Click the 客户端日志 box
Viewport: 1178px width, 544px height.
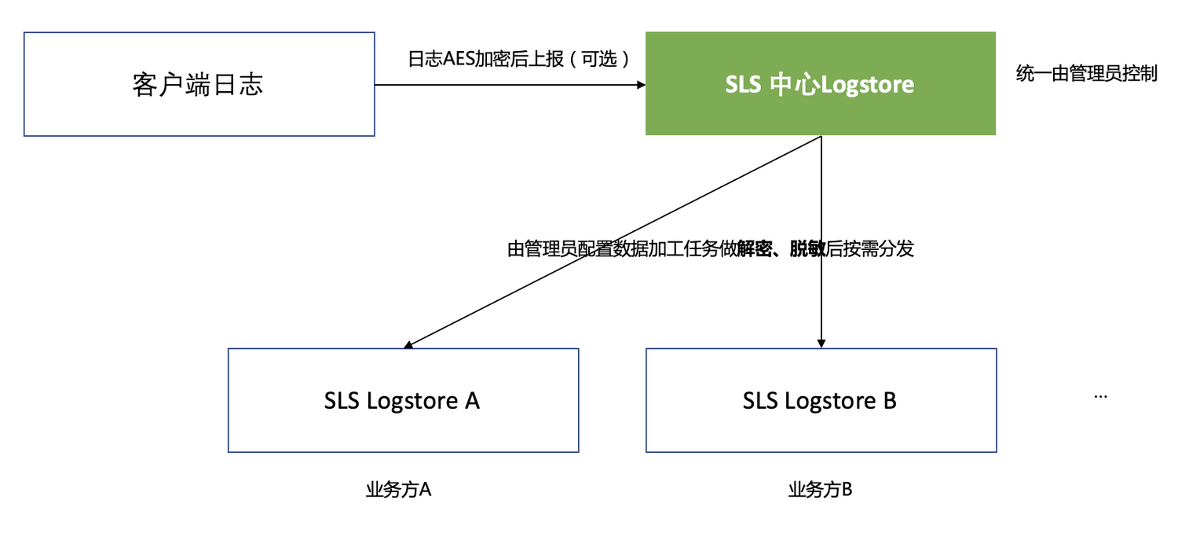(x=199, y=84)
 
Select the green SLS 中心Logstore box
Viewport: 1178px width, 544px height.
(x=820, y=84)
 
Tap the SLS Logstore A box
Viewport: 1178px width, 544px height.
(x=403, y=400)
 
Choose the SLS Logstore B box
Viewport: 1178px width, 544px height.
(x=821, y=400)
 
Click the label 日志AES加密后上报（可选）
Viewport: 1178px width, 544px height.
(x=519, y=60)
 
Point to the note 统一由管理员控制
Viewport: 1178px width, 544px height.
(x=1086, y=75)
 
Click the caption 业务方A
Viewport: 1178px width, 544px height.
(x=399, y=491)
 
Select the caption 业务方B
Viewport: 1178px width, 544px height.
(x=820, y=491)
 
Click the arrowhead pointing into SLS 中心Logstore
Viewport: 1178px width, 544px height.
(x=638, y=84)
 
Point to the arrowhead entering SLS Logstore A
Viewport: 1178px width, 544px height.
(x=408, y=344)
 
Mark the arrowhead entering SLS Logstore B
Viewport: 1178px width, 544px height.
(x=821, y=343)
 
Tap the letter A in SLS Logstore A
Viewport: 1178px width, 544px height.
(x=471, y=401)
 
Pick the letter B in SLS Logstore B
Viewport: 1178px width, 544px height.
(x=889, y=401)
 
